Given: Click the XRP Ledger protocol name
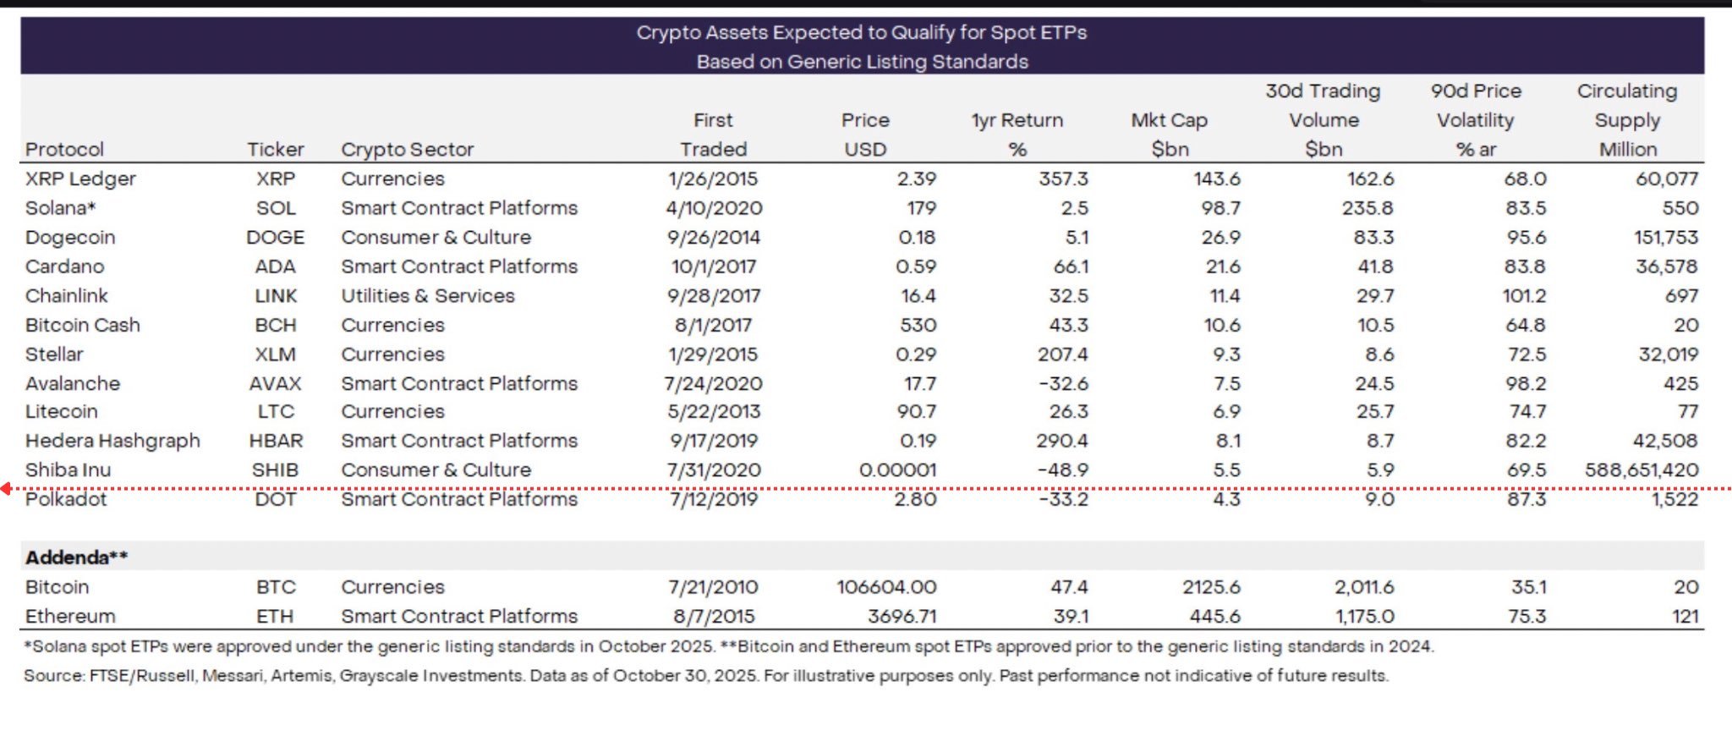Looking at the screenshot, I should (x=80, y=179).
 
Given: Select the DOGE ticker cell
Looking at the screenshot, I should (x=275, y=238).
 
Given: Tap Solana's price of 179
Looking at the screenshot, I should (x=921, y=208).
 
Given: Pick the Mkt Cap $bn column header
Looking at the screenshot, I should (x=1169, y=134).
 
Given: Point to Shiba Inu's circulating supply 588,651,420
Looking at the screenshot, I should (x=1641, y=470).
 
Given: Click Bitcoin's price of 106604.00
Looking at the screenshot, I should (x=886, y=587).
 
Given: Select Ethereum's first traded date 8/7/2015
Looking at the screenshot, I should (x=713, y=617).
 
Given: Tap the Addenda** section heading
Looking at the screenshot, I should (x=76, y=558).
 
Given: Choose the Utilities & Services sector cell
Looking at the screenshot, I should (x=428, y=296).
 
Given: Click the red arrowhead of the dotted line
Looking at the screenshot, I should (x=6, y=488).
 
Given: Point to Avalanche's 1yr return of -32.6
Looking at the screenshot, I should (x=1063, y=384).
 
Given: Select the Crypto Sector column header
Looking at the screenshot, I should (x=407, y=150).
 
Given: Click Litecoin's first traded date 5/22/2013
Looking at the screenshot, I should (x=713, y=412).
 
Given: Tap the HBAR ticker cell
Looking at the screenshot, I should (x=276, y=441).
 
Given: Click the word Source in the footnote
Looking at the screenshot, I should (x=52, y=676).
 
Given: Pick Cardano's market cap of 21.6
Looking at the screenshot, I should (x=1222, y=267).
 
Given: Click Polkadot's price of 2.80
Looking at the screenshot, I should (x=915, y=499).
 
